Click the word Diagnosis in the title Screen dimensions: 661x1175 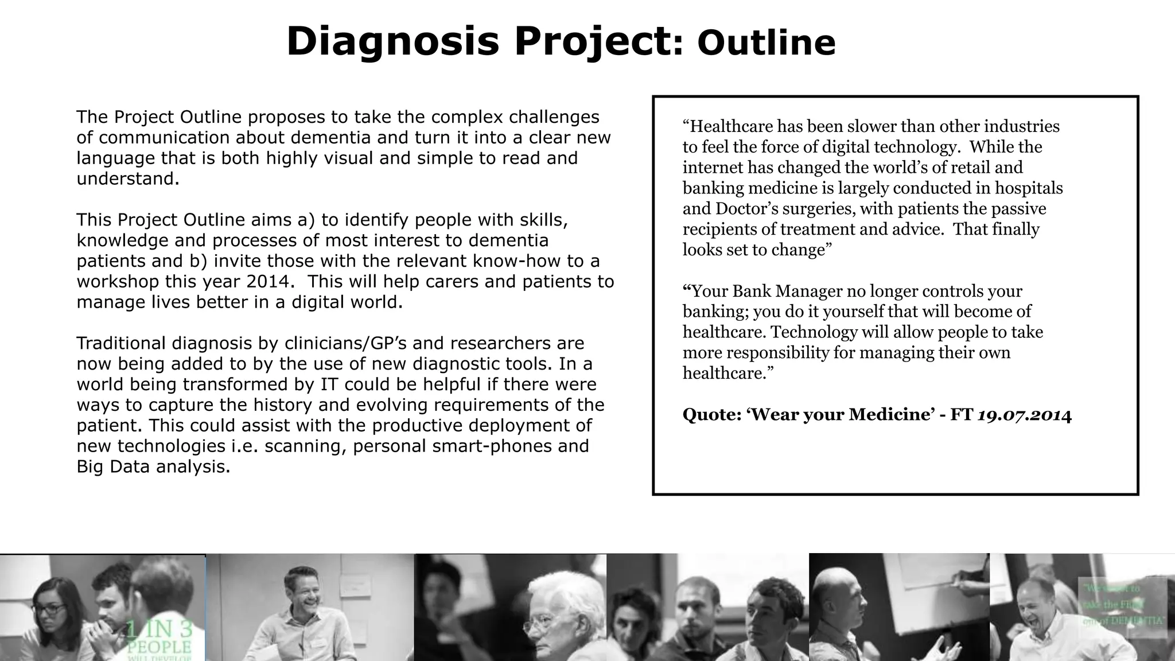point(392,42)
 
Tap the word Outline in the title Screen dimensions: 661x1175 point(766,43)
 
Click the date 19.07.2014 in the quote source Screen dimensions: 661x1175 point(1024,414)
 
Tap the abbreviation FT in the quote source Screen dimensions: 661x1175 point(961,414)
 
